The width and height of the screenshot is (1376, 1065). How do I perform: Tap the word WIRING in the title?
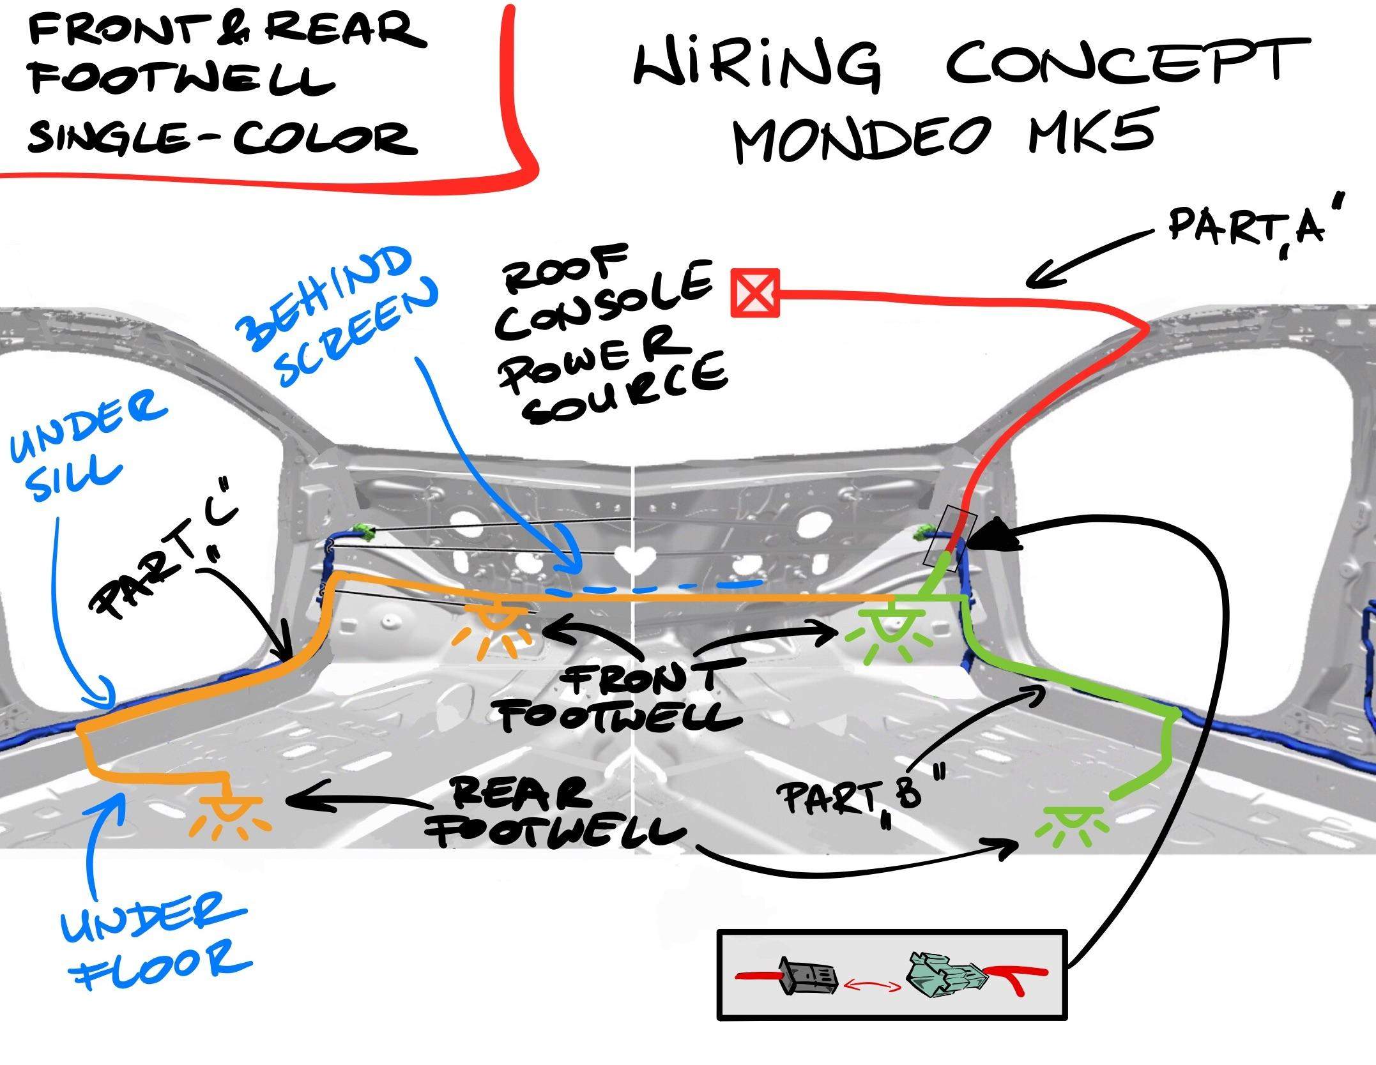coord(757,64)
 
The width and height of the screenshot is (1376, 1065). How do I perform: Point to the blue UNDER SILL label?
coord(83,450)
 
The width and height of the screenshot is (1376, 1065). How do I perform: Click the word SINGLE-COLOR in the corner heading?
coord(220,137)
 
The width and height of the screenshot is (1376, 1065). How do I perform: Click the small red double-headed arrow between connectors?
coord(873,987)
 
